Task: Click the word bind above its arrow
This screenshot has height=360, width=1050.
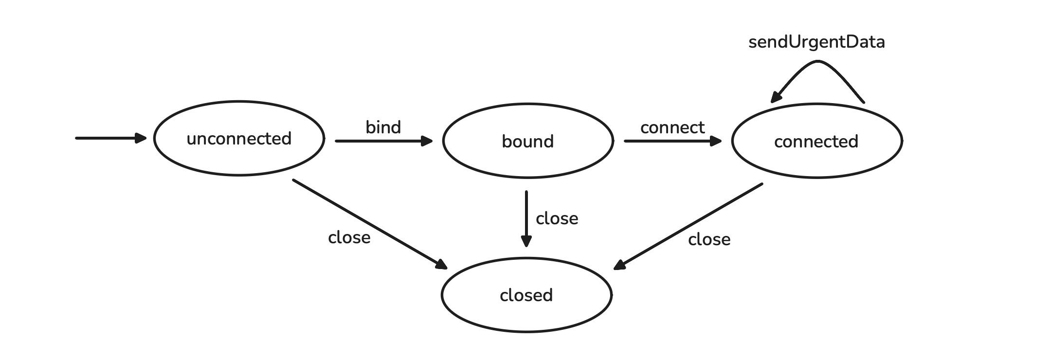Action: click(383, 127)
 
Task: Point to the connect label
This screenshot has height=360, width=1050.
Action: click(672, 128)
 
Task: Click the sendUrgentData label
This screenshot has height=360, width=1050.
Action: click(816, 42)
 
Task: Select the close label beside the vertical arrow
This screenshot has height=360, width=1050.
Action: click(557, 218)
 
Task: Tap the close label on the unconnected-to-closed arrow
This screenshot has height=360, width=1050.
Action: click(349, 237)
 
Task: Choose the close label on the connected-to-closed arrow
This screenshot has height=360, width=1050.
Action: click(709, 239)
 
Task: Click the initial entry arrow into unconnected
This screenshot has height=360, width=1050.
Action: click(111, 138)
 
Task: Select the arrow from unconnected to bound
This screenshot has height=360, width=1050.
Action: click(384, 141)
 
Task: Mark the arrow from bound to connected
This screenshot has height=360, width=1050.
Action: click(673, 141)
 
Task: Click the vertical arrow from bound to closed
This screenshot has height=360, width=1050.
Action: click(526, 219)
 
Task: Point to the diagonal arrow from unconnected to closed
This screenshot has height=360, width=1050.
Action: click(370, 224)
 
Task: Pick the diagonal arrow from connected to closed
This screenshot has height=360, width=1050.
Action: click(688, 226)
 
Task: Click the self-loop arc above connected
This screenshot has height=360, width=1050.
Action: click(818, 61)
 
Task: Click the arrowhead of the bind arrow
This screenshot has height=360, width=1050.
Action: click(427, 141)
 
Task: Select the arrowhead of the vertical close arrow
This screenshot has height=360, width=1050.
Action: click(526, 241)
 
